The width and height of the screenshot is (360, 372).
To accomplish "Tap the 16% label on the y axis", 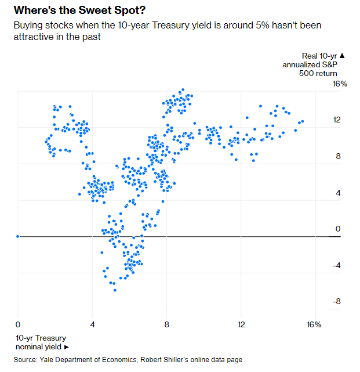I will point(339,84).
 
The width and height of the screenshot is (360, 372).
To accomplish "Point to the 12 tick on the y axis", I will point(336,120).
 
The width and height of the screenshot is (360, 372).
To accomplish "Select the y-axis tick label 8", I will point(337,157).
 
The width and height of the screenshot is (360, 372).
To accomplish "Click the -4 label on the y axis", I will point(336,266).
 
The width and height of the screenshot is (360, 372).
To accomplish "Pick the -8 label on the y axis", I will point(336,302).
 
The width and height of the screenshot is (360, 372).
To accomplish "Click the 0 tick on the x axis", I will point(18,324).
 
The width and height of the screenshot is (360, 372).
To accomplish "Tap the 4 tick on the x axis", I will point(92,324).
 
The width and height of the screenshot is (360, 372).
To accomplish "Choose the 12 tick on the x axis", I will point(241,324).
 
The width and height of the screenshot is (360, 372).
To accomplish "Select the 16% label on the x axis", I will point(314,324).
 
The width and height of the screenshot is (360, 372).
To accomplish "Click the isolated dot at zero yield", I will point(18,236).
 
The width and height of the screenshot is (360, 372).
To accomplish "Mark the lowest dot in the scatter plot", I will point(115,290).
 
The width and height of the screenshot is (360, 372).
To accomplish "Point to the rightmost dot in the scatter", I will point(303,121).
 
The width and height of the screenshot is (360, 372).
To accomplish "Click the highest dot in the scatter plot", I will point(182,90).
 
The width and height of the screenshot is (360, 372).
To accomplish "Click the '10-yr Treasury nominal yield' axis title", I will point(41,342).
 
